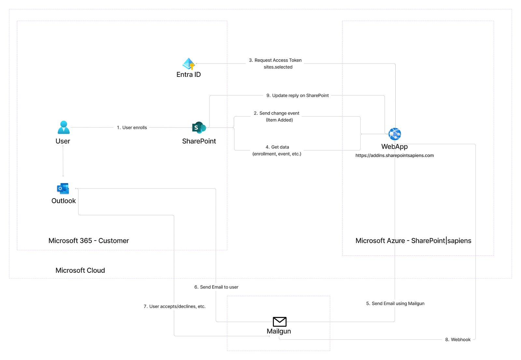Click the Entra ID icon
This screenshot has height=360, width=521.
(189, 64)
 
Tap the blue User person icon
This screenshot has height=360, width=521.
(63, 127)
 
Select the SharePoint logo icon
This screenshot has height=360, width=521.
(199, 128)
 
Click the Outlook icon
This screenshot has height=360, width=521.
(63, 188)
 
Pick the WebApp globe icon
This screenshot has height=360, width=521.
(395, 134)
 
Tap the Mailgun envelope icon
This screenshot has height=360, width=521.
(279, 322)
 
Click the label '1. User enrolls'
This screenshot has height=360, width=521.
(132, 128)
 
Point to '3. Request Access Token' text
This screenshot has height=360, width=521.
(275, 60)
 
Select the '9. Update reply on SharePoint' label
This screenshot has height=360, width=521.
(297, 95)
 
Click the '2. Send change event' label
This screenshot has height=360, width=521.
(276, 113)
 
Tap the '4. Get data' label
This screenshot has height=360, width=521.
(277, 147)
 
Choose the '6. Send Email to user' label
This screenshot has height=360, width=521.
(216, 287)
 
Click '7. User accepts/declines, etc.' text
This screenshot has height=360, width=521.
(175, 306)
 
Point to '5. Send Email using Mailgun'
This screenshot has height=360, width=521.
(395, 303)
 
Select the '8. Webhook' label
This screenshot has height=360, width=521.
(458, 339)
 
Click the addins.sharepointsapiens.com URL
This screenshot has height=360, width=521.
(394, 155)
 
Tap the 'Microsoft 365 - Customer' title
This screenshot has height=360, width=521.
(89, 241)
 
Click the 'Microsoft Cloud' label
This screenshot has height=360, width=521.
(80, 270)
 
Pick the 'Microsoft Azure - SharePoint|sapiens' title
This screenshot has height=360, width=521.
(413, 241)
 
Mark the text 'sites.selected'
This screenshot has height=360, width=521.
(278, 67)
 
